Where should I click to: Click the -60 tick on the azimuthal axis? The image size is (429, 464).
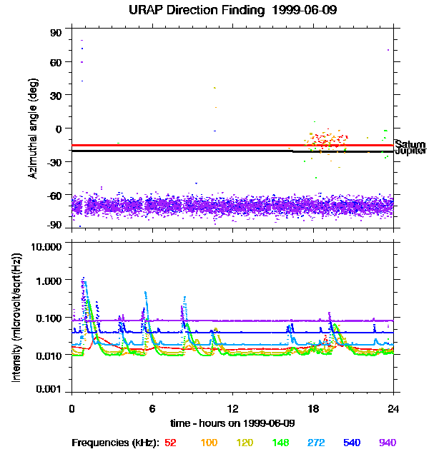(56, 194)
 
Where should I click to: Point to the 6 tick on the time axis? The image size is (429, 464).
(152, 409)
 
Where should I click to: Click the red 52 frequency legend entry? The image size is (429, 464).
(170, 443)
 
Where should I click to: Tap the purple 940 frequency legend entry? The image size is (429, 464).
(387, 443)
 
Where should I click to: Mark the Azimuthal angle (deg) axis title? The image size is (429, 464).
(32, 129)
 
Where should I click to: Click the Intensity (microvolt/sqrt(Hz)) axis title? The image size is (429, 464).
(16, 318)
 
